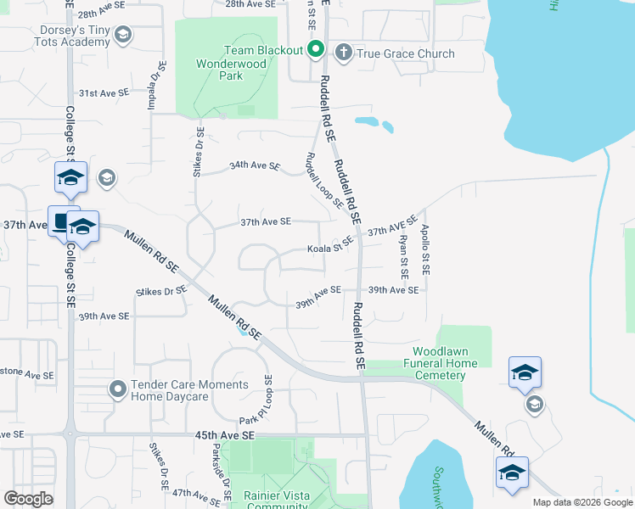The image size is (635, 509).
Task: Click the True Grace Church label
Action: pos(406,53)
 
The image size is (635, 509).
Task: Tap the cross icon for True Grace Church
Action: pos(344,53)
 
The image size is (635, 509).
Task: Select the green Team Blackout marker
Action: pos(315,50)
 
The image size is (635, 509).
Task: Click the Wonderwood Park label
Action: pos(219,70)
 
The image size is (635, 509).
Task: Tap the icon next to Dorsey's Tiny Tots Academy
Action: pos(122,35)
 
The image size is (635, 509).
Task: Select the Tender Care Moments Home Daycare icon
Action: pos(117,389)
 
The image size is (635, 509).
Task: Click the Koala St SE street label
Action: pos(329,247)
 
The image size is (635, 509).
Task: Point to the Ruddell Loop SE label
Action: pos(324,181)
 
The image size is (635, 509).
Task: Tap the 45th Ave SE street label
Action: pos(224,435)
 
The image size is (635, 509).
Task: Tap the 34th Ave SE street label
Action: pos(254,166)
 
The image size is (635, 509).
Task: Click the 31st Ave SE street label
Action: pos(104,92)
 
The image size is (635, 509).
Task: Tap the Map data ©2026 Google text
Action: pos(582,502)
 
